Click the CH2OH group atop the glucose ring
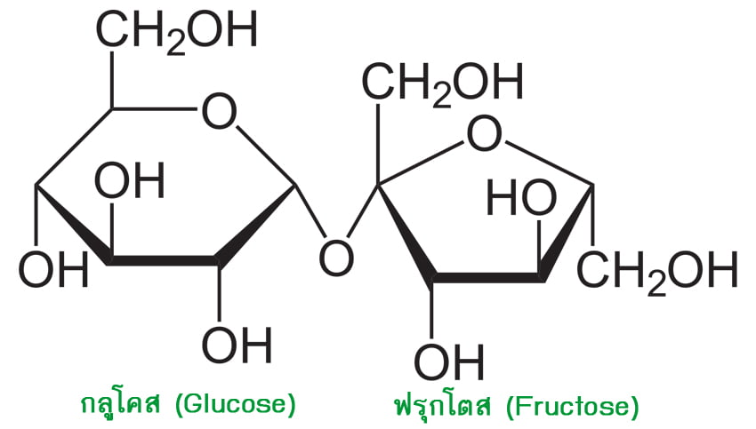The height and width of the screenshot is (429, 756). click(177, 31)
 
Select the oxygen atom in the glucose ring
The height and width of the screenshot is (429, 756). click(220, 111)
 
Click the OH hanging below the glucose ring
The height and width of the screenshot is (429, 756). click(237, 344)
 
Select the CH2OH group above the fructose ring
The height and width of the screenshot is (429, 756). click(443, 83)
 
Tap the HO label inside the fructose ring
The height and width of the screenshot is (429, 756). click(521, 197)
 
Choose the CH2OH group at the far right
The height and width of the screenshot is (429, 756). click(657, 271)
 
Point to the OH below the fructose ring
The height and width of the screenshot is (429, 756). click(449, 361)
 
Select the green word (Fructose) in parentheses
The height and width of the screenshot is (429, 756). click(573, 408)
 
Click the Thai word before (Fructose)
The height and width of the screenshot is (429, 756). click(443, 405)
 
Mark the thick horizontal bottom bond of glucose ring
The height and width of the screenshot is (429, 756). click(164, 260)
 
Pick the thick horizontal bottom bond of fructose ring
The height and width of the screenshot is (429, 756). click(488, 278)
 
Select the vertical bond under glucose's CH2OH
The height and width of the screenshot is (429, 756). click(112, 80)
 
